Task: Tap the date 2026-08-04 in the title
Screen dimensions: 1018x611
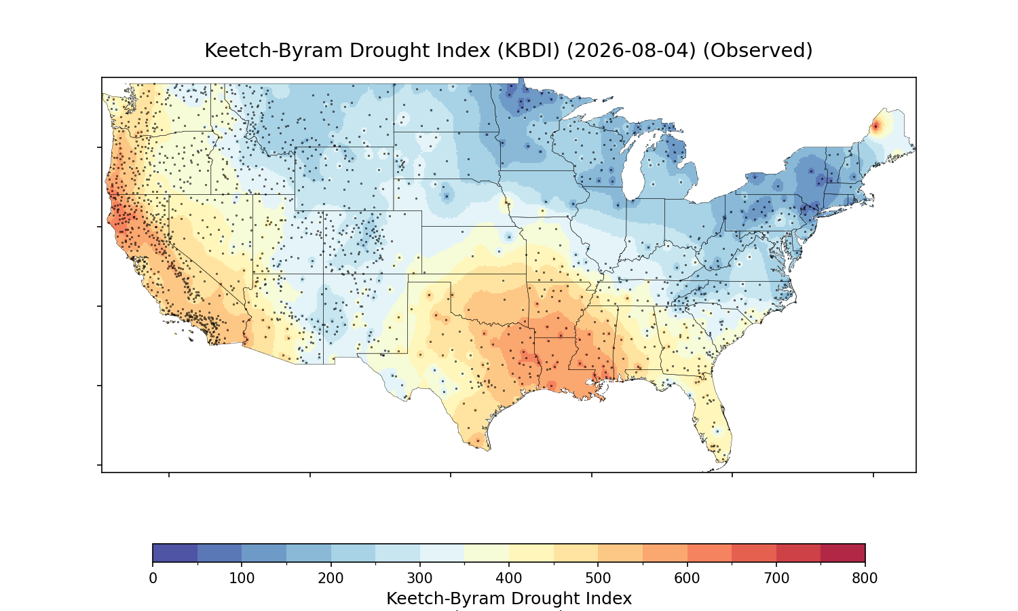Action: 631,50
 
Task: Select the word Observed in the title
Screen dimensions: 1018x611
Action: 757,50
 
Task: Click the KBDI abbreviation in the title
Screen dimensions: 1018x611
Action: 528,50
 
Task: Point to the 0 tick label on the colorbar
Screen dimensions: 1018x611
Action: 153,578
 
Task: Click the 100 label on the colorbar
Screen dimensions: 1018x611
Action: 242,578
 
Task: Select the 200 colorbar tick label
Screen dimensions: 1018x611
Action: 331,578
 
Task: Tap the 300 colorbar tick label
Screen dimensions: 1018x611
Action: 420,578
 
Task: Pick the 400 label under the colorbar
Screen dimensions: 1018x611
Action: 509,578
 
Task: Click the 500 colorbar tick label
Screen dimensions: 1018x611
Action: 598,578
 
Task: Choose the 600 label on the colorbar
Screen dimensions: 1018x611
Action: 687,578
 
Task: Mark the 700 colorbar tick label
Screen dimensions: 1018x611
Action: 776,578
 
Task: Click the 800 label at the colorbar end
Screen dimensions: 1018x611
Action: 865,578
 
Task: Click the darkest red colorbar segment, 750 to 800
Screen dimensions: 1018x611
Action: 843,553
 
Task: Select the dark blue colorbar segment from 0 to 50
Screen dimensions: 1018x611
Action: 175,553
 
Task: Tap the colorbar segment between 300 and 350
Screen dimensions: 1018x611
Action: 442,553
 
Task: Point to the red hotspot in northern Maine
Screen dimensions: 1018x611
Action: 875,126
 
